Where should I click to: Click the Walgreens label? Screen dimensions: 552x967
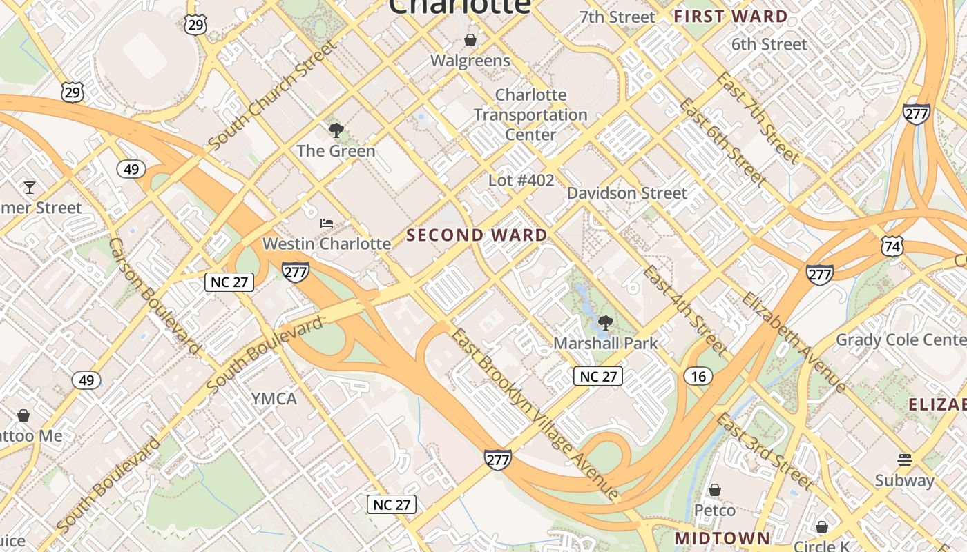(470, 61)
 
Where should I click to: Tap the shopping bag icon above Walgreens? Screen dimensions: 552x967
(470, 40)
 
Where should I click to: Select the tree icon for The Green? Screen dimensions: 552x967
(336, 130)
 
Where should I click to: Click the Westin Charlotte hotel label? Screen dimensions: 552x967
(327, 244)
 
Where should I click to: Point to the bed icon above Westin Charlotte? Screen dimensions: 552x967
(327, 223)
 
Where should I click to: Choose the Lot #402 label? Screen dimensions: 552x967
(521, 181)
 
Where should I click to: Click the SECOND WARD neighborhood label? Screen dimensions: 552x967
(477, 235)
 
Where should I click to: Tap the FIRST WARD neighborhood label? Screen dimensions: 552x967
(730, 17)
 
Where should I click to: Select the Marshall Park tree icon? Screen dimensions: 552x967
(605, 322)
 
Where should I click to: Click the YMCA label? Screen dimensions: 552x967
(274, 399)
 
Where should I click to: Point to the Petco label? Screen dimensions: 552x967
(715, 511)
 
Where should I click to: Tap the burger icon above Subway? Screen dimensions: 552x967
(904, 460)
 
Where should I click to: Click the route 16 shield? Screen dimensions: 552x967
(698, 376)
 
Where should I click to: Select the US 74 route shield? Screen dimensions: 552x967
(892, 246)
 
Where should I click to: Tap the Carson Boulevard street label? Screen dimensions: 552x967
(153, 297)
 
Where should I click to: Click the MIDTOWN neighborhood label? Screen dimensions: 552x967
(722, 538)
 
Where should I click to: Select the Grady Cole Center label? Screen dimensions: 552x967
(901, 340)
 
